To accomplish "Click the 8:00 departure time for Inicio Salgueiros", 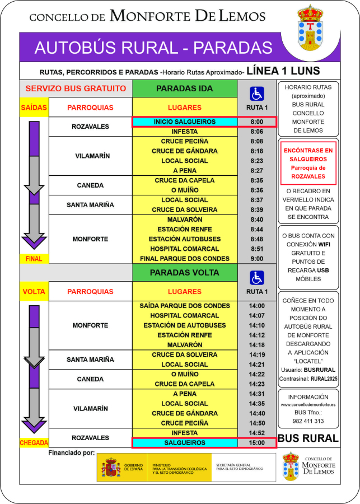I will click(x=257, y=122).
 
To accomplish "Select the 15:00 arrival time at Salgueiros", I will click(x=257, y=442).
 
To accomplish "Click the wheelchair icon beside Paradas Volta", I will click(x=257, y=277).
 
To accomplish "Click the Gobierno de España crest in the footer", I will click(x=111, y=467).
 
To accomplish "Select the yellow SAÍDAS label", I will click(x=34, y=107).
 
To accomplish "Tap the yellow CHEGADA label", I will click(x=34, y=442).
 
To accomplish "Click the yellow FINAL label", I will click(x=34, y=259).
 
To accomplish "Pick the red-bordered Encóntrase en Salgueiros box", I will click(x=308, y=163).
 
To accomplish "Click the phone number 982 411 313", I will click(x=308, y=421).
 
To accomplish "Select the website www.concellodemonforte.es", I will click(x=308, y=404).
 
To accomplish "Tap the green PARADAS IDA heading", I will click(x=184, y=88).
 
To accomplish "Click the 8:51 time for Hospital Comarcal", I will click(x=257, y=249).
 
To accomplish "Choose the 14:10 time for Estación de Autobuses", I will click(x=257, y=325).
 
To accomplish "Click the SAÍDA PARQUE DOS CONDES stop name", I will click(x=184, y=306).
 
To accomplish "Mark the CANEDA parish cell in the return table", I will click(x=90, y=379).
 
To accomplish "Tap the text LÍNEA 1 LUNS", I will click(x=283, y=71).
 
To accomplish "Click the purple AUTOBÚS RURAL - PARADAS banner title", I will click(x=153, y=48).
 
